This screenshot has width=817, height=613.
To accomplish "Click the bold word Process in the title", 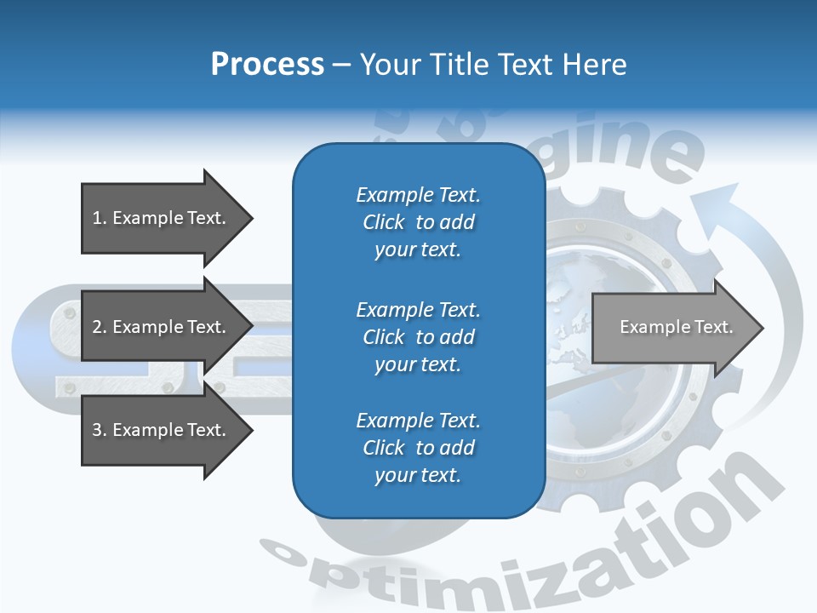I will tap(267, 65).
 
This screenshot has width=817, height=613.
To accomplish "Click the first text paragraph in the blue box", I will tap(418, 222).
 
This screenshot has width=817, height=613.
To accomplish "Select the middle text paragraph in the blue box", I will tap(418, 337).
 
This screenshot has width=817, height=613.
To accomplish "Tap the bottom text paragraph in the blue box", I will tap(418, 448).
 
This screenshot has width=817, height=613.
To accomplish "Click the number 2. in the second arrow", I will tap(100, 327).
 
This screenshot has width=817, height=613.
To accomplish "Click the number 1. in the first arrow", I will tap(100, 219).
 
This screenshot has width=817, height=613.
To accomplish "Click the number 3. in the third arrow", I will tap(100, 430).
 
